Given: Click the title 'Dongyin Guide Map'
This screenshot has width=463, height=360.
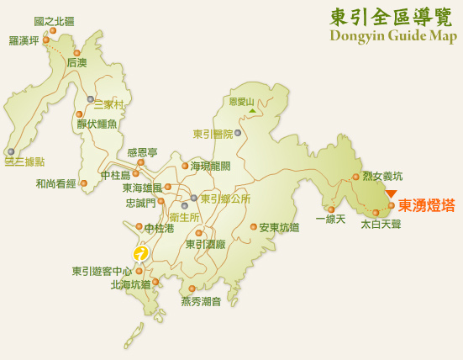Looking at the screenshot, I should coord(392,35).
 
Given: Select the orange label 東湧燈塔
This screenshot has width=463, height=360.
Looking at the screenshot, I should coord(427,205).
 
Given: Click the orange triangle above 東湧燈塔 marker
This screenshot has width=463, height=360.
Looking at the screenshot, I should coord(391,193).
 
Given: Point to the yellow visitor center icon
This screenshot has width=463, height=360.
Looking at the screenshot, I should coord(141,252).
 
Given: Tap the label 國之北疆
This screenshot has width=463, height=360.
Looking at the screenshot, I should coord(54,20).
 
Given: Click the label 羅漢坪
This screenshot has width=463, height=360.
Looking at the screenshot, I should coord(25,40).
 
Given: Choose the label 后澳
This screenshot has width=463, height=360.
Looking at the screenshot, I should coord(77,63).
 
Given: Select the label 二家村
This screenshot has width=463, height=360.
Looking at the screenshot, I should coord(108,105).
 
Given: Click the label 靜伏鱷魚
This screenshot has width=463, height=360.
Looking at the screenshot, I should coord(97,124).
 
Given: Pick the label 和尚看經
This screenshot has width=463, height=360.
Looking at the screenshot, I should coord(55,183).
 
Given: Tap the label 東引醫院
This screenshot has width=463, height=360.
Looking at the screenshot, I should coord(213,133).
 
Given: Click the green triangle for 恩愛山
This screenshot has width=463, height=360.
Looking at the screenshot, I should coord(251,110).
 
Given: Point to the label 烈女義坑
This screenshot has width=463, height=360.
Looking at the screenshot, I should coord(382,176).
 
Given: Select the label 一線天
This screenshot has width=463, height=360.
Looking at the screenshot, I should coord(330,220).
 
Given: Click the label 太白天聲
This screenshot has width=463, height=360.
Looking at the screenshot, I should coord(381,225).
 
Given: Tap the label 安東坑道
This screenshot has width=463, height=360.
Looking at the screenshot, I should coord(279,227).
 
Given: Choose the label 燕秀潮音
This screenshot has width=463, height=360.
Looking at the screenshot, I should coord(201,301).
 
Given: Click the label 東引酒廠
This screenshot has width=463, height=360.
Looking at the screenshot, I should coord(206,244).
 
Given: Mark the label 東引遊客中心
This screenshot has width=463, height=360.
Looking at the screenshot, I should coord(102,271).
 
